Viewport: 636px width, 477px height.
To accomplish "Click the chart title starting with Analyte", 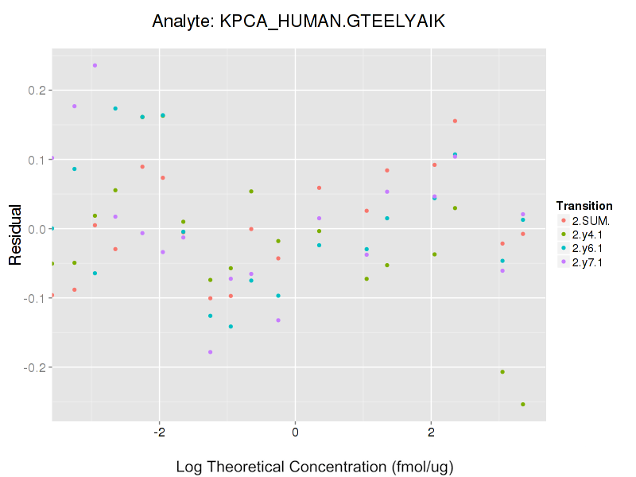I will [298, 21].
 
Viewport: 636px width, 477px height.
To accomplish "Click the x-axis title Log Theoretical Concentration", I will [314, 466].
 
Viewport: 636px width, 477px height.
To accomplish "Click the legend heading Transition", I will [584, 205].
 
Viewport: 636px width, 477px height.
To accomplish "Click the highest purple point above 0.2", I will [95, 65].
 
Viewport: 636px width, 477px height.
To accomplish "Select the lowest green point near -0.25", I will [522, 405].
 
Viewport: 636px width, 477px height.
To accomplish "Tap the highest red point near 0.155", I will [455, 121].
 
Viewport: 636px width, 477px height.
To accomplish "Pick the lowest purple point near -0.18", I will [211, 352].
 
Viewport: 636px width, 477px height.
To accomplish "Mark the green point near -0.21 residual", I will [502, 372].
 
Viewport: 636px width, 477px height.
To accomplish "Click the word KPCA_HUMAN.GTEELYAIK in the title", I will [332, 21].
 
